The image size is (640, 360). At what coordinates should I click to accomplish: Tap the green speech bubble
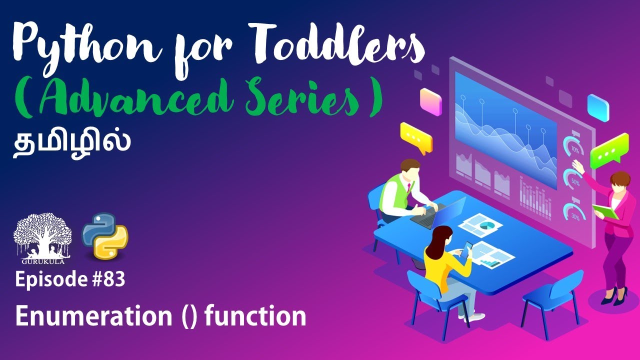pos(608,150)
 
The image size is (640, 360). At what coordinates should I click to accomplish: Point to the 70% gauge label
pos(574,149)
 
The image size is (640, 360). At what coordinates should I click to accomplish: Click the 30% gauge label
pos(575,217)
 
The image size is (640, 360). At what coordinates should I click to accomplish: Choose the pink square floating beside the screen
pos(430,101)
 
